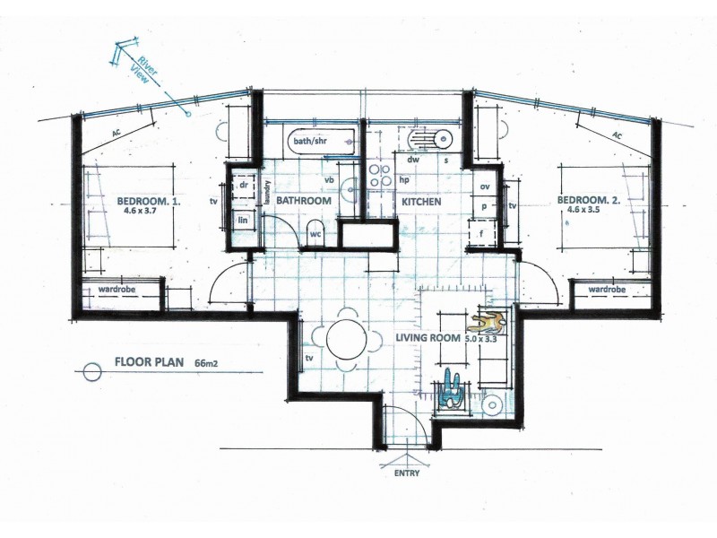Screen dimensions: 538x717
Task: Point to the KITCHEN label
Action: (421, 203)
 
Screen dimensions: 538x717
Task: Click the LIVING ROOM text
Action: (427, 338)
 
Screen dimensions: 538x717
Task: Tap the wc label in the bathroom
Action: (315, 234)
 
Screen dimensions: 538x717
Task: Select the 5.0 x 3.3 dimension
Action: (480, 339)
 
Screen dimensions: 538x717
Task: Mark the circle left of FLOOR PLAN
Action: (90, 371)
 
